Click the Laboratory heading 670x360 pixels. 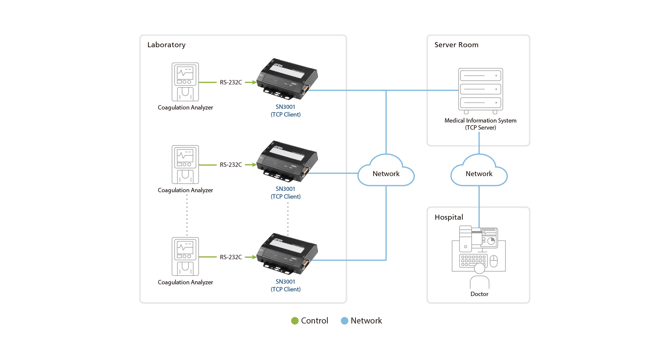(166, 45)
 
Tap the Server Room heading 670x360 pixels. (456, 45)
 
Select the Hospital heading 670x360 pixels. (449, 217)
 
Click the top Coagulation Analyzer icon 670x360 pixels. (185, 82)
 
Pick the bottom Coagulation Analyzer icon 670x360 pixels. (185, 257)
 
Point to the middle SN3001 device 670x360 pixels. (287, 162)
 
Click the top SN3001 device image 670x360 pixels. (287, 79)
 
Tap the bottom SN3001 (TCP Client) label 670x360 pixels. (285, 285)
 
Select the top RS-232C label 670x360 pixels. (231, 82)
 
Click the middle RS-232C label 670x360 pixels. (231, 165)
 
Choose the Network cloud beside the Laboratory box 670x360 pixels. (386, 172)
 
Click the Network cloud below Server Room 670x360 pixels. (479, 172)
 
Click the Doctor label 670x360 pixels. (479, 294)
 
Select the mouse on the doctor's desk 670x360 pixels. (494, 261)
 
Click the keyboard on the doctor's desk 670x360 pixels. (473, 260)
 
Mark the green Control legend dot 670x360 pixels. (295, 321)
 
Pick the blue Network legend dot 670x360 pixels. (344, 321)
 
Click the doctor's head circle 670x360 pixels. (480, 268)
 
